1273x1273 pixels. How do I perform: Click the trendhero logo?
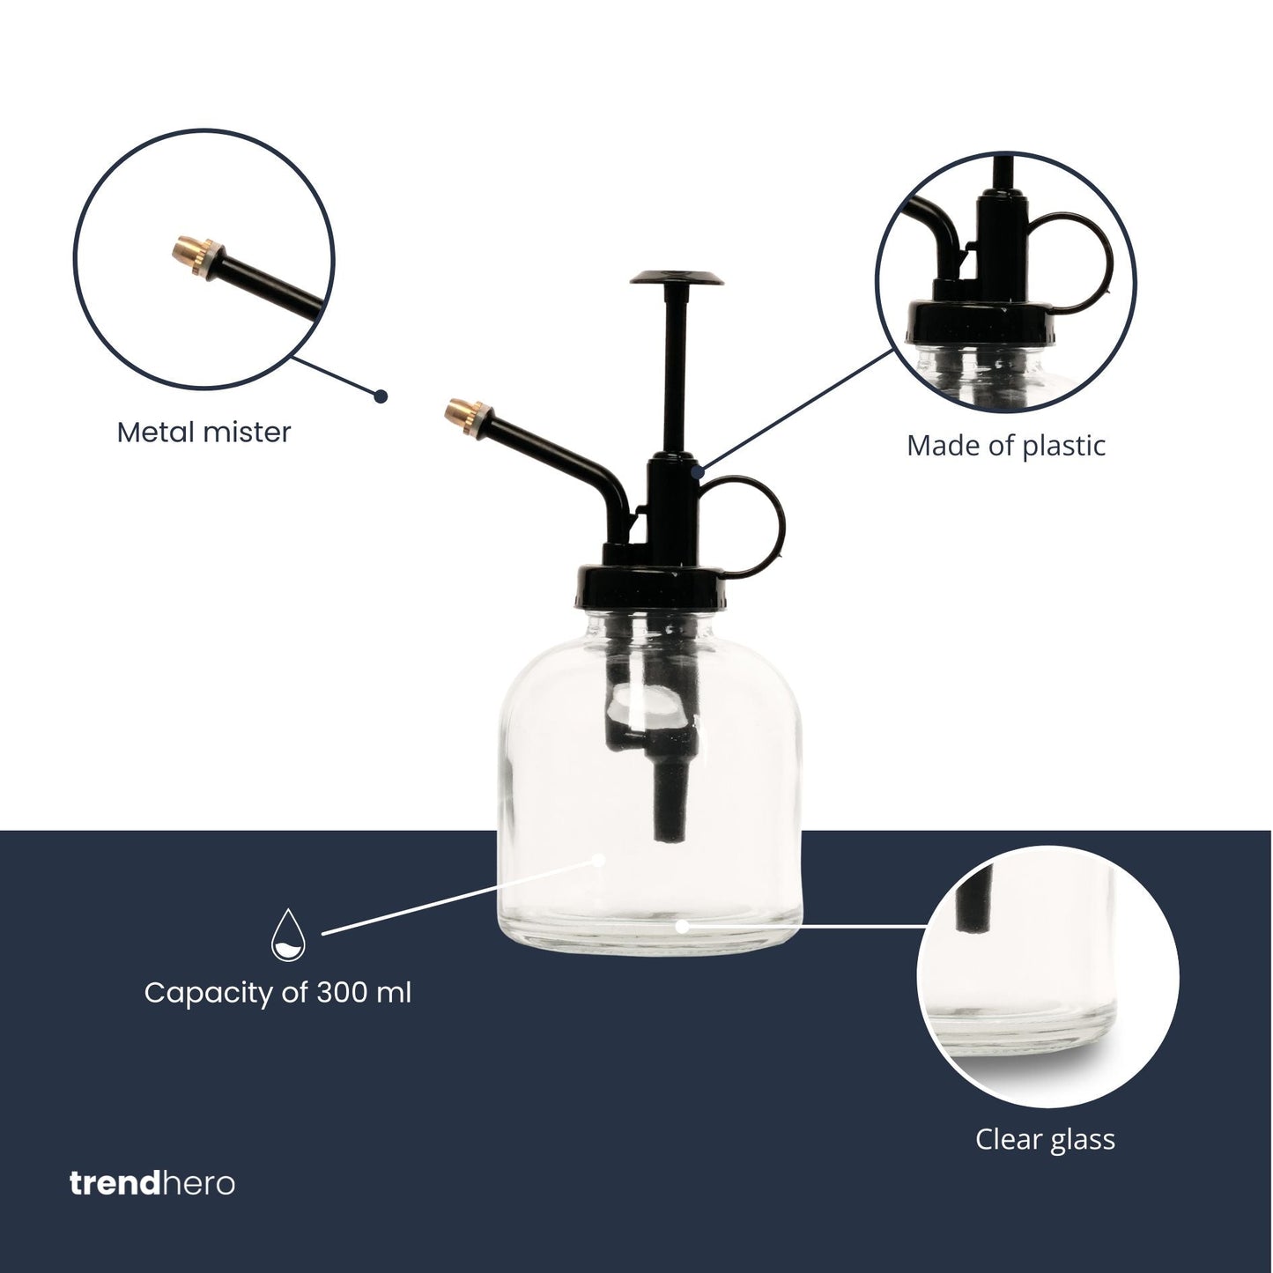[x=152, y=1183]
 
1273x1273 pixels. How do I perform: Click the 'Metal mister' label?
[x=204, y=433]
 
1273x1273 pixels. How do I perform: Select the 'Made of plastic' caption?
[x=1005, y=446]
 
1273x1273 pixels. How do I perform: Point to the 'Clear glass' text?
[x=1045, y=1139]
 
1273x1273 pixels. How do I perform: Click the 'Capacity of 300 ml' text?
[x=278, y=993]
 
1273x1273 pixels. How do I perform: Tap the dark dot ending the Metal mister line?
[x=381, y=396]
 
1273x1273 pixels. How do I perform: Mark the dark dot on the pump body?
[x=698, y=472]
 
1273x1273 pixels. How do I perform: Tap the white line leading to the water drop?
[x=458, y=895]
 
